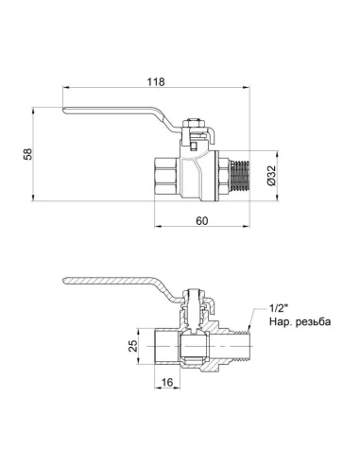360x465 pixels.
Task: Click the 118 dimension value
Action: [157, 83]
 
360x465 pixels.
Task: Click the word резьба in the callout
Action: [313, 321]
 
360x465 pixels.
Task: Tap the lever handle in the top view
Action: [123, 117]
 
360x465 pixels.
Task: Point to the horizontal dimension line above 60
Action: [201, 228]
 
